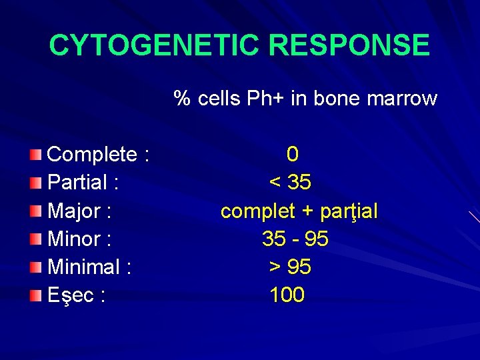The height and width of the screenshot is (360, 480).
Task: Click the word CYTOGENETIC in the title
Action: pos(149,45)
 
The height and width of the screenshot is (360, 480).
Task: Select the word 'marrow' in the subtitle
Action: pos(403,99)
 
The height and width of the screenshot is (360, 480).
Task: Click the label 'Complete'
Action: pos(93,155)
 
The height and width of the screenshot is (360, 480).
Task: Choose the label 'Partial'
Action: pos(77,182)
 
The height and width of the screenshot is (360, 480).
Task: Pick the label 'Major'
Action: pos(73,211)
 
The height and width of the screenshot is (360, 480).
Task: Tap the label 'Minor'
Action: pos(73,239)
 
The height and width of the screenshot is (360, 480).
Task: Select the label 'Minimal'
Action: pos(83,267)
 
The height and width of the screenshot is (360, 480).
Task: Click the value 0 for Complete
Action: pos(292,155)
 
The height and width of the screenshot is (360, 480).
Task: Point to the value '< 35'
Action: pos(290,182)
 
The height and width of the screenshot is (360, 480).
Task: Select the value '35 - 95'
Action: pos(295,239)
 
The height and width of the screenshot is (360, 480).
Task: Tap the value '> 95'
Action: pos(290,267)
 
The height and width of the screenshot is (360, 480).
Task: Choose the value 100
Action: pos(287,295)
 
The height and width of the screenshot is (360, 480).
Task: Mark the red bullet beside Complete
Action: pos(36,155)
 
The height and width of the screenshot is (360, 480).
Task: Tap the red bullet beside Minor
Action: pos(36,239)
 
